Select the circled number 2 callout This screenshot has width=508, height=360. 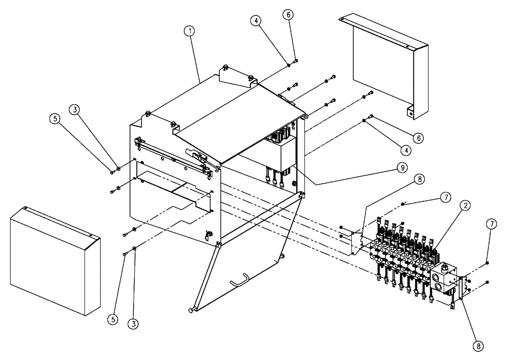point(464,205)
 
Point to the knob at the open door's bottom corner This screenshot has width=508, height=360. point(192,309)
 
